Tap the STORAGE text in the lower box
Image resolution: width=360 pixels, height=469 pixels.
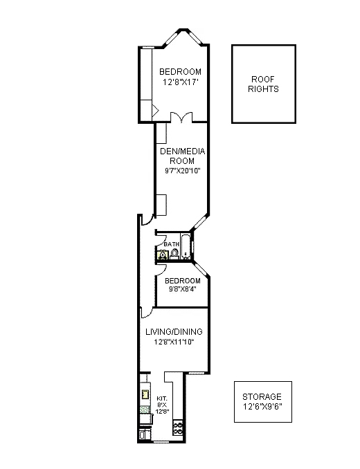click(262, 396)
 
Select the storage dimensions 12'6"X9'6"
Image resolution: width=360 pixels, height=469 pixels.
click(262, 407)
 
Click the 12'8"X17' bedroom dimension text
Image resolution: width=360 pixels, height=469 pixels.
click(180, 82)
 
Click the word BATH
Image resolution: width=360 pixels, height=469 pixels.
click(171, 244)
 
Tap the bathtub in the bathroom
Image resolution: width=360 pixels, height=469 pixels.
click(186, 247)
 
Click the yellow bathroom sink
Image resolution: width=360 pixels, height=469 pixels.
click(162, 255)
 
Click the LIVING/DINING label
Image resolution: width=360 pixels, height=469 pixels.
click(173, 331)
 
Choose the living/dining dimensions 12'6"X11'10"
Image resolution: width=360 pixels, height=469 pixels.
click(173, 341)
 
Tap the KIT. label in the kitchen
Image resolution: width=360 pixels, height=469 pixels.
click(162, 398)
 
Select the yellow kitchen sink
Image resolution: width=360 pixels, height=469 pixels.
click(145, 395)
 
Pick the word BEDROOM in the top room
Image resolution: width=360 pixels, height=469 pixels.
click(180, 72)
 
